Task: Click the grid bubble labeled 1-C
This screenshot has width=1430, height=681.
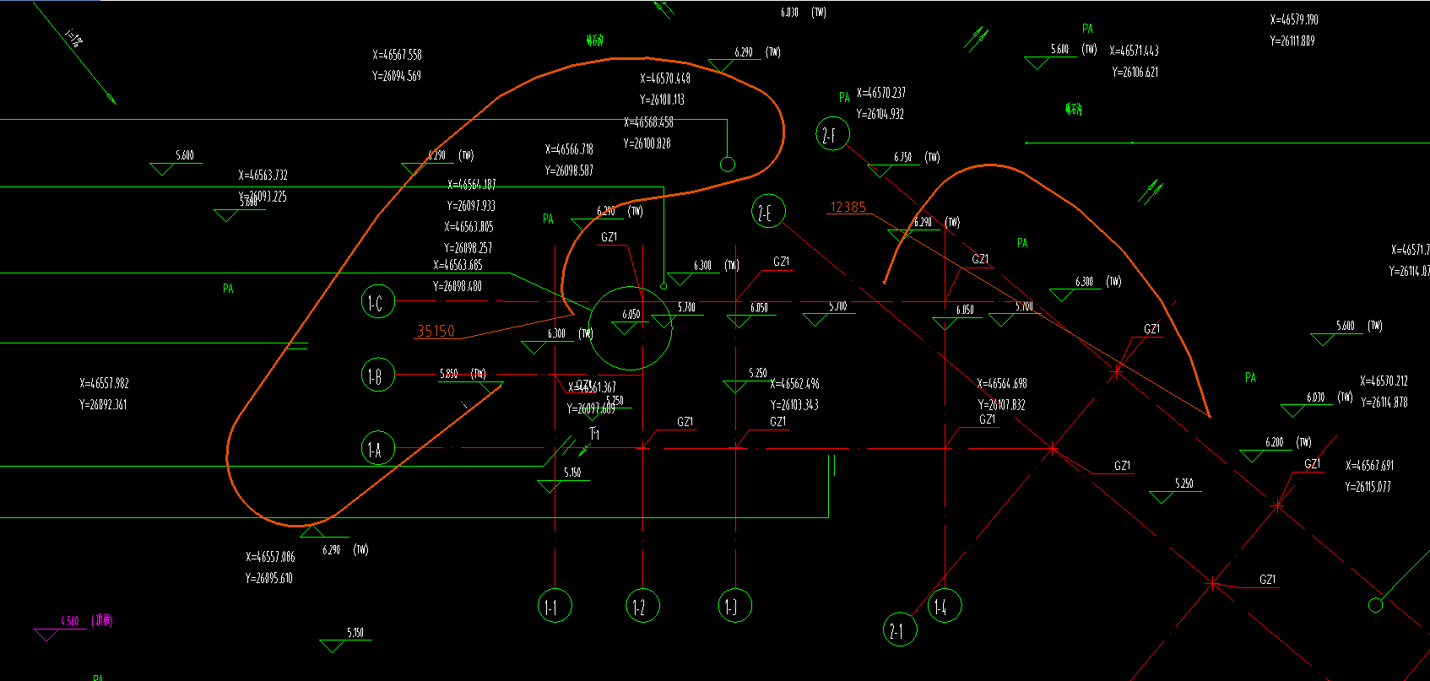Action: (376, 302)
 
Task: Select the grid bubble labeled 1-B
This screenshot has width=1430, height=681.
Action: (376, 376)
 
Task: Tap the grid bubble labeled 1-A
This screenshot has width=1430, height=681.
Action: (376, 449)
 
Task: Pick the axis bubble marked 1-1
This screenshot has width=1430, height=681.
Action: (555, 606)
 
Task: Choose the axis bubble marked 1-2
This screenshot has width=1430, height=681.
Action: (643, 606)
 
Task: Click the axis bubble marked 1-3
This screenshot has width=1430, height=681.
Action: (734, 606)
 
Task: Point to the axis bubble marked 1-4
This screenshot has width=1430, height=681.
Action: (945, 606)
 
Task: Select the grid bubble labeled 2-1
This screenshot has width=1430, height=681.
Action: (900, 630)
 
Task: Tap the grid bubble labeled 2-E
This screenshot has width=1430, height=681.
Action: (768, 211)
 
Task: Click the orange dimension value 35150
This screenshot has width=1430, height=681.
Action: (436, 331)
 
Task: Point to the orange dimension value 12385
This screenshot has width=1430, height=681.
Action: (848, 207)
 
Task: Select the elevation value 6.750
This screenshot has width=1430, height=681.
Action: (902, 157)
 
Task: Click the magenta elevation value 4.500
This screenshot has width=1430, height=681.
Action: (69, 621)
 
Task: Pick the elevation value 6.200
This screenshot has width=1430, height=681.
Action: (1274, 442)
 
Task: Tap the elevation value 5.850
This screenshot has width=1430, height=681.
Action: (449, 374)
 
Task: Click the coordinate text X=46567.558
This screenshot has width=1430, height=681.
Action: (397, 55)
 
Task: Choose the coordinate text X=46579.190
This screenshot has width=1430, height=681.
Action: (1294, 19)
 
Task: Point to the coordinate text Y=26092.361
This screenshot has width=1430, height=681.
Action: (103, 405)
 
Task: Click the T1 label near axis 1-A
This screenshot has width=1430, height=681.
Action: (594, 434)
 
